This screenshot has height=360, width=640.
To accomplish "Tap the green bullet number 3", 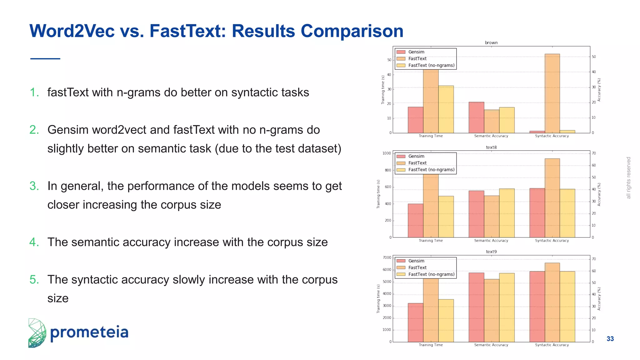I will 34,186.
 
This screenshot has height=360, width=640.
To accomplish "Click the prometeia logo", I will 78,333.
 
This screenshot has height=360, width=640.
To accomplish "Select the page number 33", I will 610,339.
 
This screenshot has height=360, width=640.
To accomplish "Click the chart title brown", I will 491,43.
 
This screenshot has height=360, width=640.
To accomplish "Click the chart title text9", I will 491,252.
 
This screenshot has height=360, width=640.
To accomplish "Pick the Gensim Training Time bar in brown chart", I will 415,120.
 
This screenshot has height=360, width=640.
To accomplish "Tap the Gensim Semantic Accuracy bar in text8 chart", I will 476,214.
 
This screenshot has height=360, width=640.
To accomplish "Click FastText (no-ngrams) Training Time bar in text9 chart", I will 446,320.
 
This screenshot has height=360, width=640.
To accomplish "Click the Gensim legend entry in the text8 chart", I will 416,156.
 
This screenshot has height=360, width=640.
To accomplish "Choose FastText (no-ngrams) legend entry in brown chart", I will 431,65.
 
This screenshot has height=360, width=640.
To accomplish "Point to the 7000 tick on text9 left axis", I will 387,257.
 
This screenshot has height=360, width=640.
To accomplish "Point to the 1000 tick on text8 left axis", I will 387,153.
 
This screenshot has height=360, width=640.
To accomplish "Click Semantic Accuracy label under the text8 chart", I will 491,241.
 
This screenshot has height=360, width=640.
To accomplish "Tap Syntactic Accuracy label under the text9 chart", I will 552,345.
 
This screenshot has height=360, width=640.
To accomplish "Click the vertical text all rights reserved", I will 628,177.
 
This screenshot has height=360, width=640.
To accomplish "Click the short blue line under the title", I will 45,58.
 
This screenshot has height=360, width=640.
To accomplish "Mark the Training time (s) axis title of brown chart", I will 383,90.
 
